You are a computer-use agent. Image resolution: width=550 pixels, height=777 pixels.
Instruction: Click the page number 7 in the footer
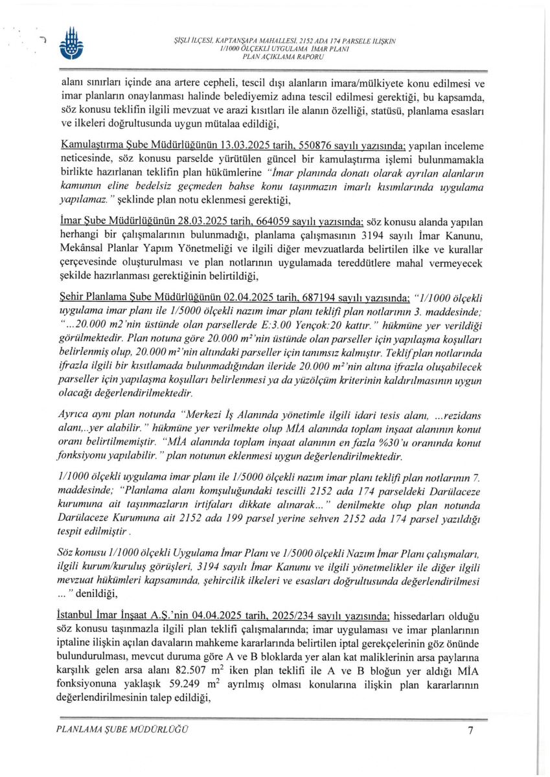point(470,730)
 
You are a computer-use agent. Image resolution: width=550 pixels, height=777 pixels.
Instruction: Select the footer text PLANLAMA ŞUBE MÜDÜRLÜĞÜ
point(122,730)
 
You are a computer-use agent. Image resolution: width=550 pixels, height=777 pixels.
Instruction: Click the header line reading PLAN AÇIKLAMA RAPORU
point(282,57)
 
